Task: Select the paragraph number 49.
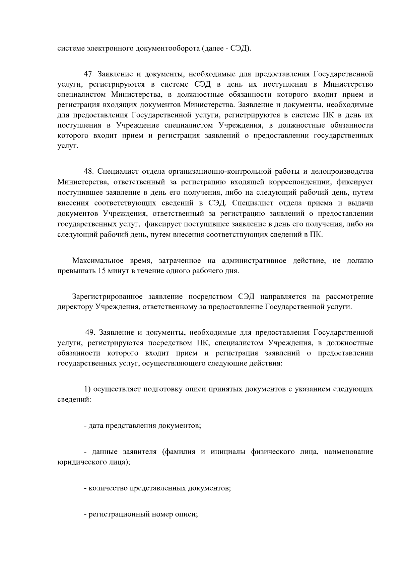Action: coord(90,332)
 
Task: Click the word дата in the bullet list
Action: coord(96,426)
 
